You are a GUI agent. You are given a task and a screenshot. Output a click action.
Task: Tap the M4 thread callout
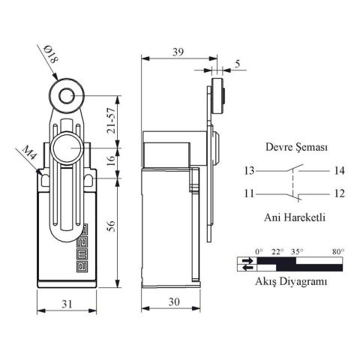(28, 157)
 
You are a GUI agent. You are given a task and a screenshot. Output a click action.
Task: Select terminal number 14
(339, 171)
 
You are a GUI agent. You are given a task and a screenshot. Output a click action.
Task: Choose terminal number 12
(339, 194)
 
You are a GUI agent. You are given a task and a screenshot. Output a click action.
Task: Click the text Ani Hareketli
(293, 218)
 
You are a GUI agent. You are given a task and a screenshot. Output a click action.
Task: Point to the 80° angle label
(337, 251)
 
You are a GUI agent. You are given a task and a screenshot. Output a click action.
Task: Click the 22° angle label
(277, 251)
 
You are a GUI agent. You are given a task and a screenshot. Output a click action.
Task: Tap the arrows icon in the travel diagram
(247, 263)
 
